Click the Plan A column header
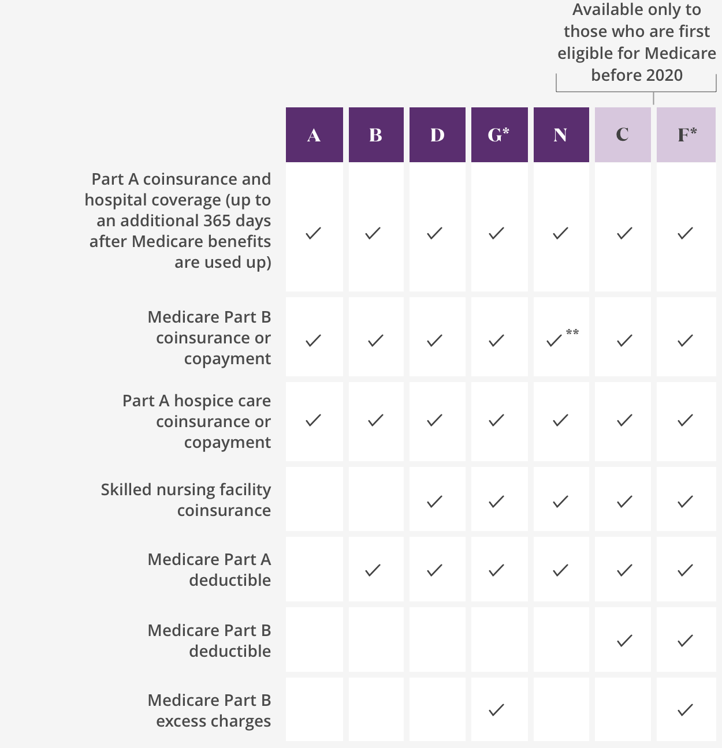pos(314,135)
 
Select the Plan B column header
pos(376,135)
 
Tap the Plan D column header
pos(437,135)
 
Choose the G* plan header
pos(499,135)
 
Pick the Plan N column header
pos(561,135)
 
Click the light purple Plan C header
pos(623,135)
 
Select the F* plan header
pos(686,135)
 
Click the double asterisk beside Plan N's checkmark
pos(572,332)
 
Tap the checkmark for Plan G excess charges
pos(496,710)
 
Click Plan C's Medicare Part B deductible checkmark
pos(624,640)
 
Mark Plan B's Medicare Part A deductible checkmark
pos(373,570)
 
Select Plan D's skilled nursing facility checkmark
pos(434,502)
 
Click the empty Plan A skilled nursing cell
pos(314,499)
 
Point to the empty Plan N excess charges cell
pos(561,709)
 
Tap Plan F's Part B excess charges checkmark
pos(685,710)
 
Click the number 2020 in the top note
pos(664,76)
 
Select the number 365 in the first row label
pos(201,221)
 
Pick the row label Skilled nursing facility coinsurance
pos(186,500)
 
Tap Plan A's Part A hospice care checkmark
pos(313,420)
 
